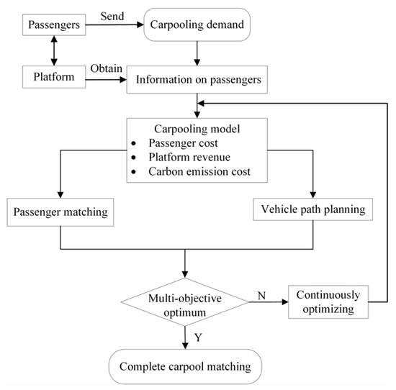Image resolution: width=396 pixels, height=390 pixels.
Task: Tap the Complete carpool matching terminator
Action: (x=186, y=366)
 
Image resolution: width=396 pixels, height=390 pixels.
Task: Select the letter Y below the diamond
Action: (x=197, y=335)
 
